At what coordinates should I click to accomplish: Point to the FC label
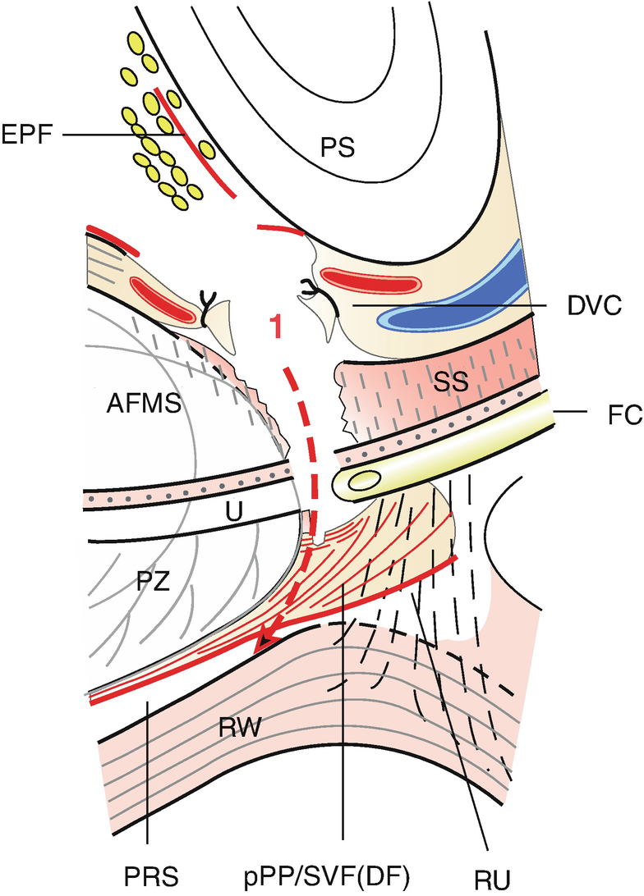click(x=609, y=412)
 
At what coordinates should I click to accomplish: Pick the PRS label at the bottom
click(x=145, y=873)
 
